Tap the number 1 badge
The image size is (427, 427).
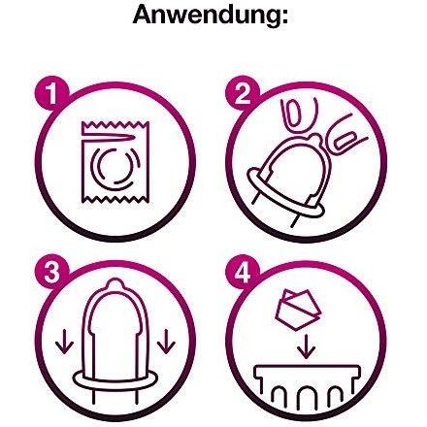[x=51, y=93]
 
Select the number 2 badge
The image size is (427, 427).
[x=243, y=93]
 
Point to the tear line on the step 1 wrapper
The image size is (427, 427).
[x=109, y=138]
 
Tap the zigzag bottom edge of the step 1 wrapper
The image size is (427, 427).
[x=115, y=199]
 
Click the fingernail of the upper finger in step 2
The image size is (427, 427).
[x=295, y=114]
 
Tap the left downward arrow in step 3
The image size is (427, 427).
[x=64, y=342]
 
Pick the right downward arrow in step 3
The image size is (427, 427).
[x=167, y=342]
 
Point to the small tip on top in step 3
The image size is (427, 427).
[x=114, y=284]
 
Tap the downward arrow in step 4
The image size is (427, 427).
[x=307, y=348]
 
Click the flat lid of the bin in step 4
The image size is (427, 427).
[x=307, y=372]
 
